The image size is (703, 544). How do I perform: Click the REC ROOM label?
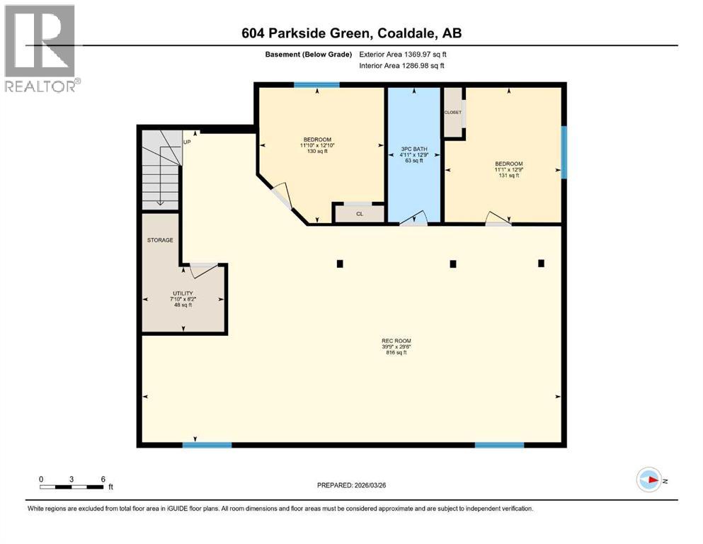pyautogui.click(x=396, y=341)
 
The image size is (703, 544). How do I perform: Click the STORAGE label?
pyautogui.click(x=160, y=240)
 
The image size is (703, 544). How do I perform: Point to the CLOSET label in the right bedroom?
pyautogui.click(x=452, y=113)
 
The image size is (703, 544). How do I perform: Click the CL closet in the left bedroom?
pyautogui.click(x=360, y=213)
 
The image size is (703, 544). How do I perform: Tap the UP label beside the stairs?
pyautogui.click(x=188, y=142)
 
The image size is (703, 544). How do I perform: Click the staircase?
pyautogui.click(x=160, y=170)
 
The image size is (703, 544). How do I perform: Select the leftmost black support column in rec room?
pyautogui.click(x=340, y=263)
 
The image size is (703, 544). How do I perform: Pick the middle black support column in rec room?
pyautogui.click(x=453, y=263)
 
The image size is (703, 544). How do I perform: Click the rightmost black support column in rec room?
pyautogui.click(x=541, y=263)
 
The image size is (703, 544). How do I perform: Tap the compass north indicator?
pyautogui.click(x=649, y=480)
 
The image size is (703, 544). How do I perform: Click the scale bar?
pyautogui.click(x=72, y=486)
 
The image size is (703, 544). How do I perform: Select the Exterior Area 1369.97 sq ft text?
pyautogui.click(x=404, y=55)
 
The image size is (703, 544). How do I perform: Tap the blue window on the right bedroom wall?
pyautogui.click(x=564, y=152)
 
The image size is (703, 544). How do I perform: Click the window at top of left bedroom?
pyautogui.click(x=316, y=85)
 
